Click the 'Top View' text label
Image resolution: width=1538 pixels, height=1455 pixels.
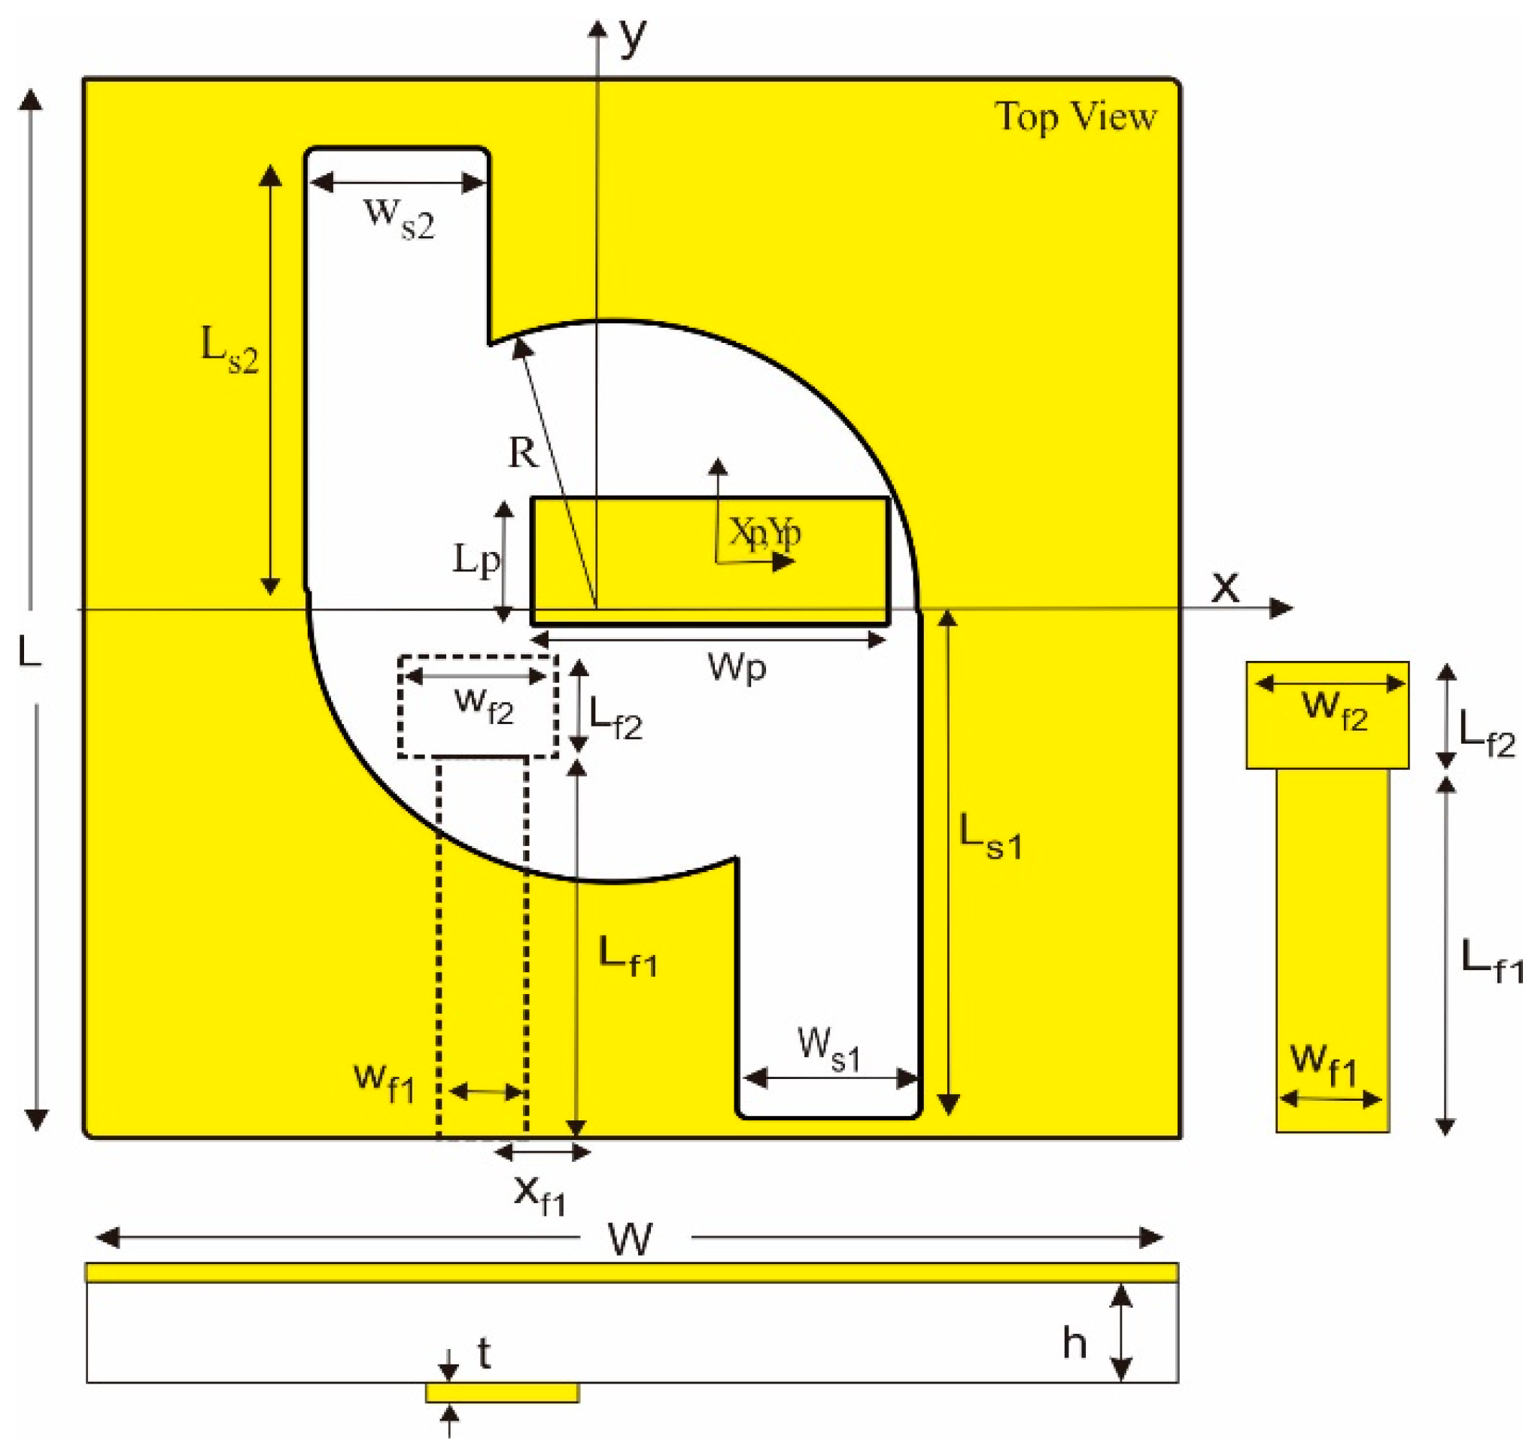click(1074, 117)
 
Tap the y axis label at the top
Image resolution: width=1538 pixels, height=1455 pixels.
click(632, 38)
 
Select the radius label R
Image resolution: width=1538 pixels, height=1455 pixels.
click(522, 451)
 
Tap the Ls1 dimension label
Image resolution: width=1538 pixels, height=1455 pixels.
click(991, 836)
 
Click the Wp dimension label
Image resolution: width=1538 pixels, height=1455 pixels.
click(737, 666)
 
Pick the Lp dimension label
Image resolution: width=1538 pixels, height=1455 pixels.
click(476, 559)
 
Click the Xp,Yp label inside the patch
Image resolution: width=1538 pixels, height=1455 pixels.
click(764, 533)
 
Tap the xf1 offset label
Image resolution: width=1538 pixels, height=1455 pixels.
click(540, 1194)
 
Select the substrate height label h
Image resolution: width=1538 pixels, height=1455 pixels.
click(1074, 1341)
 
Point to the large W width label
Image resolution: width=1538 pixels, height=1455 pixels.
click(630, 1238)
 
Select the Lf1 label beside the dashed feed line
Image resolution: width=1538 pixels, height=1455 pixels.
click(627, 956)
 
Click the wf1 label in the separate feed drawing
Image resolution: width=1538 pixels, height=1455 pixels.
click(1324, 1065)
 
